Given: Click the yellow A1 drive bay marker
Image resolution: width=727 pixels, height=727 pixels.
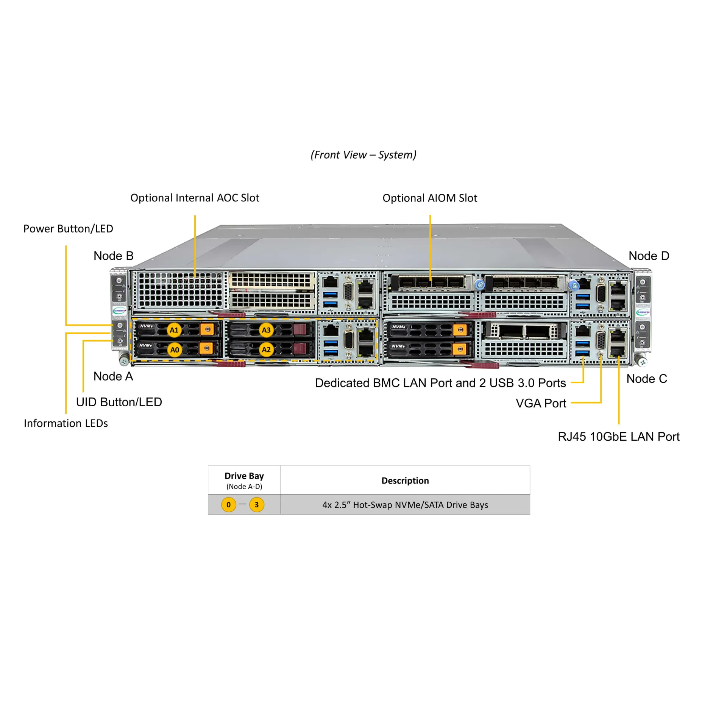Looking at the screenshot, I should coord(174,330).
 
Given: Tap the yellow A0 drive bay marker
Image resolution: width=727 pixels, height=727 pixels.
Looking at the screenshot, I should coord(174,350).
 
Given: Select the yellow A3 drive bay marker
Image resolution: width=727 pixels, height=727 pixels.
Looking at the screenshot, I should coord(266,330).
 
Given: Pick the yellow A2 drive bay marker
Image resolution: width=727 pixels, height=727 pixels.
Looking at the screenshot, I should coord(266,349).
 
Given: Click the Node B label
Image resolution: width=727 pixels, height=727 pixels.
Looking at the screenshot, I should coord(114,256).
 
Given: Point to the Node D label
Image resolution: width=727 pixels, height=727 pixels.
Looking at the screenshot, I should coord(649,256).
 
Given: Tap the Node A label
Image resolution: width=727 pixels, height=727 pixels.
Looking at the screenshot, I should coord(113,376).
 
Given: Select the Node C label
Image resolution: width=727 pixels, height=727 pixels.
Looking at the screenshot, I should coord(646,379).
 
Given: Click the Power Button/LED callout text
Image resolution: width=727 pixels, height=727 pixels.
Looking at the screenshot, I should coord(68,229).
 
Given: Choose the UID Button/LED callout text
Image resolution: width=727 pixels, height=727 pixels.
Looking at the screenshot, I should coord(119,402).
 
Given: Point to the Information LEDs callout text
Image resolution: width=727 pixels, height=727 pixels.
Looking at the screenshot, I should coord(66,423).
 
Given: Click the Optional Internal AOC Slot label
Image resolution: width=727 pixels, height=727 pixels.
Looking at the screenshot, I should coord(195,198).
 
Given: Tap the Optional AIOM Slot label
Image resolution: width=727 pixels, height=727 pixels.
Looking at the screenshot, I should coord(430,198).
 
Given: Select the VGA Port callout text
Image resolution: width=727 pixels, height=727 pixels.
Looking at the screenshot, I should coord(541,403).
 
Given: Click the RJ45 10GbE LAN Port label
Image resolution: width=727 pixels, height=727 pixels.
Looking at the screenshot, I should coord(618,437).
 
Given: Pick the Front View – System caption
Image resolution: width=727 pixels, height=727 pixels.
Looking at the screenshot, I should coord(363,155).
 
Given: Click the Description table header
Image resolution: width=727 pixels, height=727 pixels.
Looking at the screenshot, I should coord(405,481).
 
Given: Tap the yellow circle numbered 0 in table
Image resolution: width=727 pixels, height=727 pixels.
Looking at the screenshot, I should coord(229,505).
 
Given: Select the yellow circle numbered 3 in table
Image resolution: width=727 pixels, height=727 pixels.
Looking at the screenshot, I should coord(257,505).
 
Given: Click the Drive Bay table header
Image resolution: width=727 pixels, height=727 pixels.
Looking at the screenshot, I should coord(244,476).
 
